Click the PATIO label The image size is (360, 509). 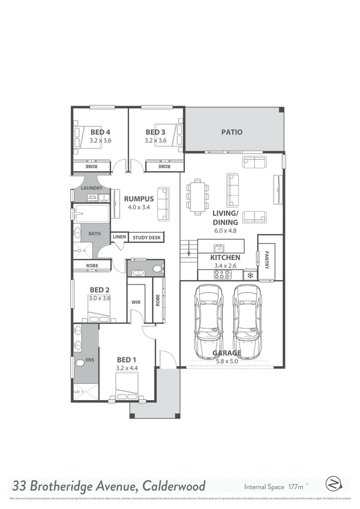click(x=232, y=132)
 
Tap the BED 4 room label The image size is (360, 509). click(x=100, y=132)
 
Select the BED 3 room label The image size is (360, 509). click(x=155, y=132)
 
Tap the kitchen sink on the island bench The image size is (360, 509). click(x=219, y=248)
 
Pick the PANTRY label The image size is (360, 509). click(x=267, y=259)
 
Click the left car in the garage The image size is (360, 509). click(x=209, y=315)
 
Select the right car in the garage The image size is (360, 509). click(x=247, y=315)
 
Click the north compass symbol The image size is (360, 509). click(x=333, y=484)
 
